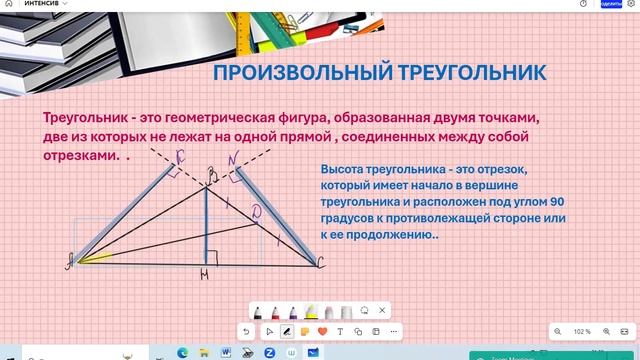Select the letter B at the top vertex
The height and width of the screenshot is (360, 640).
tap(210, 178)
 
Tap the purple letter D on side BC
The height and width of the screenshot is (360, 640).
tap(257, 212)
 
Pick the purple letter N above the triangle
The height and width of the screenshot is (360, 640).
tap(232, 159)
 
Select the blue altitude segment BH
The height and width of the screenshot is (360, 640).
tap(206, 225)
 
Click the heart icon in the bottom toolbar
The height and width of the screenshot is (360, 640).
tap(322, 331)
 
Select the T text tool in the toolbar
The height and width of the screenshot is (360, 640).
tap(340, 331)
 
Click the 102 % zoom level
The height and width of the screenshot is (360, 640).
tap(582, 331)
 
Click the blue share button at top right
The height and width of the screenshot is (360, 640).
tap(611, 4)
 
